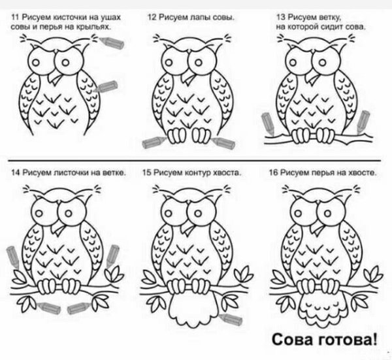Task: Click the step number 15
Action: [x=146, y=173]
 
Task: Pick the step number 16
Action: [x=274, y=173]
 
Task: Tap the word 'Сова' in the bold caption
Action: [x=291, y=339]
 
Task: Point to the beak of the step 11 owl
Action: [x=57, y=78]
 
